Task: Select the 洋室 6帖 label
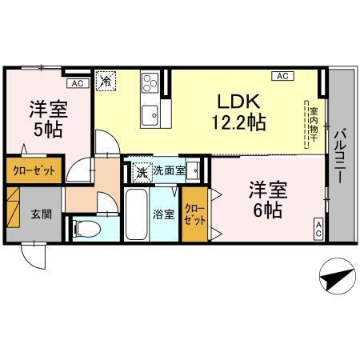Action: [266, 200]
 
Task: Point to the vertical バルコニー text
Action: [339, 156]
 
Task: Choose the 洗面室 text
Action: [169, 170]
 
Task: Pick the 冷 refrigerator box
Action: [106, 81]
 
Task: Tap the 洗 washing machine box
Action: [141, 170]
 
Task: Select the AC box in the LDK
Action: [282, 76]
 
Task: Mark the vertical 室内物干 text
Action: [314, 124]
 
